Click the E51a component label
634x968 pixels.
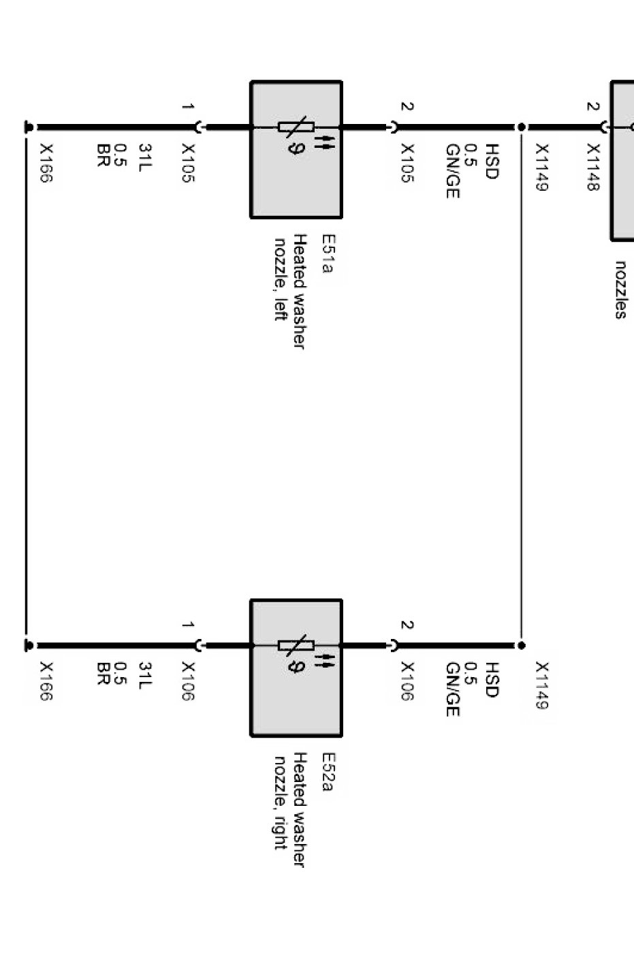(328, 254)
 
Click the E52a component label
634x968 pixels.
(328, 772)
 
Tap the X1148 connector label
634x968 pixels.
(593, 168)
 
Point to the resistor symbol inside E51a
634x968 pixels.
(296, 127)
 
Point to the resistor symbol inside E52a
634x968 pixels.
(296, 644)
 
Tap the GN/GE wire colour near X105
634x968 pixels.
(453, 171)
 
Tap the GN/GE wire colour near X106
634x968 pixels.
(453, 689)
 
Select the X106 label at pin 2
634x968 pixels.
(407, 681)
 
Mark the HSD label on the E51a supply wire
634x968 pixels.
(492, 161)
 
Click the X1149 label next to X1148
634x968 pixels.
(541, 168)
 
